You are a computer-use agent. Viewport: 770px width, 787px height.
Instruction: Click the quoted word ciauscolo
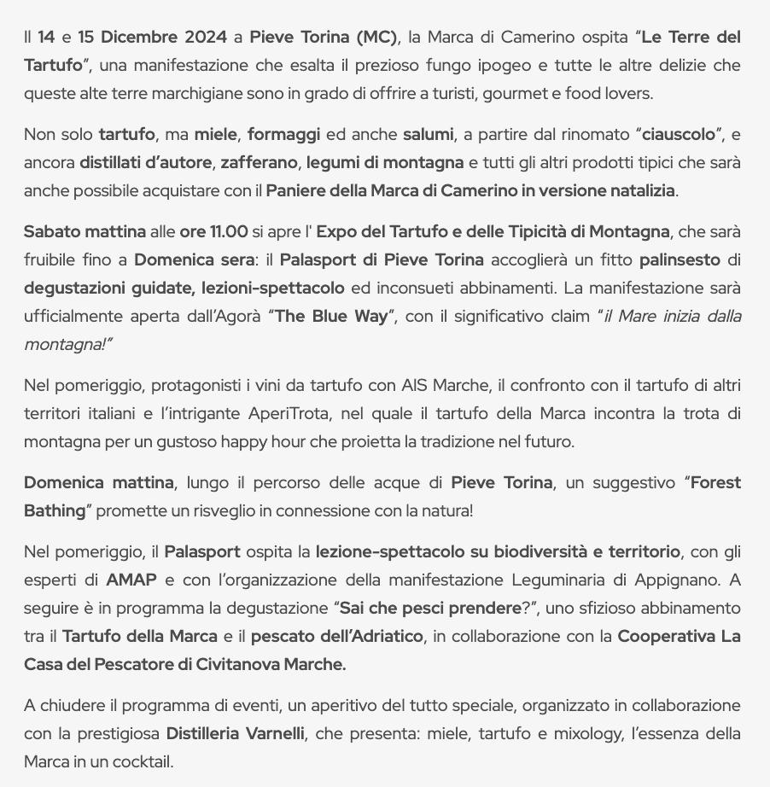pos(682,135)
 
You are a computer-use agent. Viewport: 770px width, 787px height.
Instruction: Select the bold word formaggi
pos(283,135)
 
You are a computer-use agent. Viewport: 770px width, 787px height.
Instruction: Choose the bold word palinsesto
pos(680,260)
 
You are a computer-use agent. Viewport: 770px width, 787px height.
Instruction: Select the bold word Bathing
pos(55,511)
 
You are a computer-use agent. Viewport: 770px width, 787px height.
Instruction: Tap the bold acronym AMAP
pos(131,580)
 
